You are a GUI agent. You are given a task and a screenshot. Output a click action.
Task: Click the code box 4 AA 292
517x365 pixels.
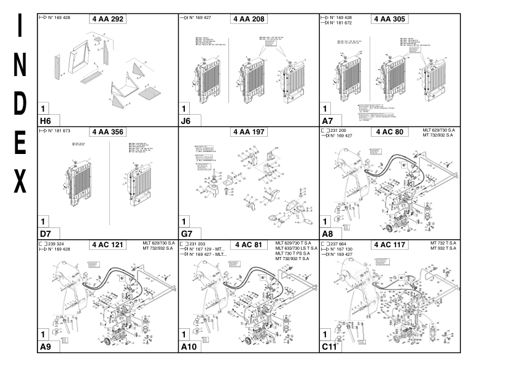(108, 19)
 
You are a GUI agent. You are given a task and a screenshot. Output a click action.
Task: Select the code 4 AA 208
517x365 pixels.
(249, 19)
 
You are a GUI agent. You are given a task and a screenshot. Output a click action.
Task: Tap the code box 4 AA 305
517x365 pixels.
(390, 19)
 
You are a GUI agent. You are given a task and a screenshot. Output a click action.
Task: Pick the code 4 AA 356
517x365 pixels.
(108, 131)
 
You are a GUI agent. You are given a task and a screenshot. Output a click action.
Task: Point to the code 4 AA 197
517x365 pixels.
(249, 131)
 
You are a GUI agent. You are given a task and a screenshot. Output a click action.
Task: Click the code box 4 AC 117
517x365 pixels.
(390, 245)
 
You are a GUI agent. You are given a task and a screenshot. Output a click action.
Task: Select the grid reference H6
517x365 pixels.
(45, 120)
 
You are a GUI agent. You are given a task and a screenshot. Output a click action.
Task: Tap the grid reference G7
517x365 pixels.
(186, 234)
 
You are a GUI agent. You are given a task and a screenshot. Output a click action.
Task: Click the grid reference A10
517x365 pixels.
(189, 347)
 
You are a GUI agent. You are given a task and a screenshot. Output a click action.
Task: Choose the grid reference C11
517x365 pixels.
(329, 347)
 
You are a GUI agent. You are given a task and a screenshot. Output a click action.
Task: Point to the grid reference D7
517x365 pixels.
(45, 234)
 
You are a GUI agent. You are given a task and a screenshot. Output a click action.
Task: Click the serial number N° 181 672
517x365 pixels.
(342, 23)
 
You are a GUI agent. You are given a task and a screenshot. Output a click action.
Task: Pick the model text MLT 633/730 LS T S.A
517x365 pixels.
(297, 248)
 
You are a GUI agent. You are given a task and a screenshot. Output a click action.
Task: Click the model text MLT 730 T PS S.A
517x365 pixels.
(292, 253)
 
